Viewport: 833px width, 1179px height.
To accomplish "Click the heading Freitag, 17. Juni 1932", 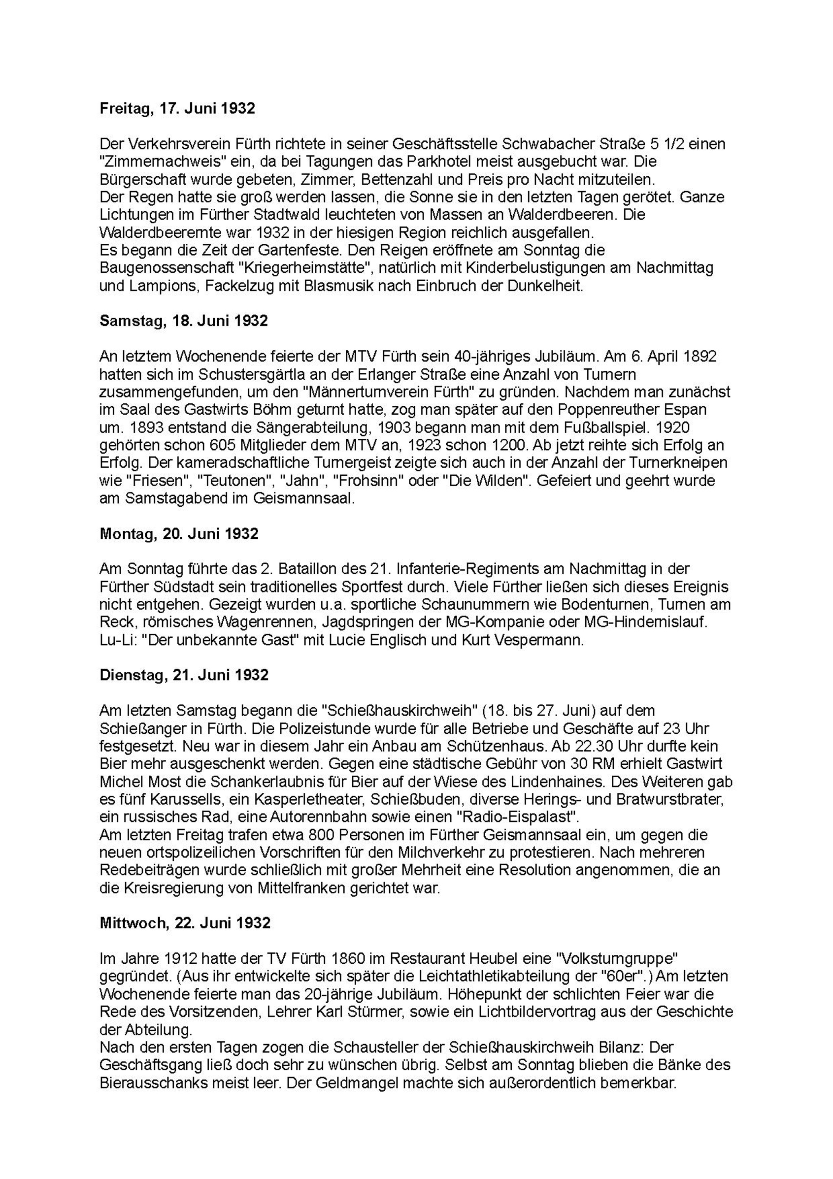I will point(177,109).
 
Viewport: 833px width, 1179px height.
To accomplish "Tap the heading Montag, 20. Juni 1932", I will point(179,534).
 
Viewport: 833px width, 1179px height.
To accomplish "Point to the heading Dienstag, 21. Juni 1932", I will point(184,675).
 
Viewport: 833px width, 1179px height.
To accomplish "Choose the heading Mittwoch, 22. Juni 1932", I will point(185,923).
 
